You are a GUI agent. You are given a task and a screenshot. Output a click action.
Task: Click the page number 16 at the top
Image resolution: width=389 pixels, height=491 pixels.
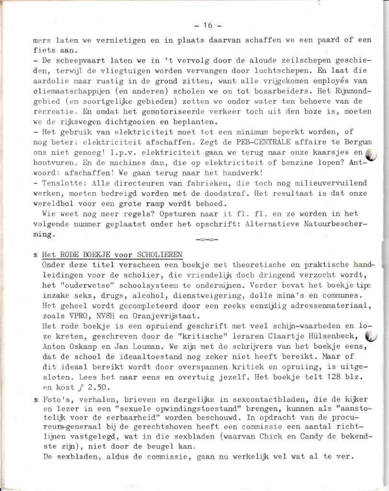pos(207,25)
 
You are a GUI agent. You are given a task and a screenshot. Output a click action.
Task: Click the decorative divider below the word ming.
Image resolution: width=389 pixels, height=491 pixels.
pos(207,239)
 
